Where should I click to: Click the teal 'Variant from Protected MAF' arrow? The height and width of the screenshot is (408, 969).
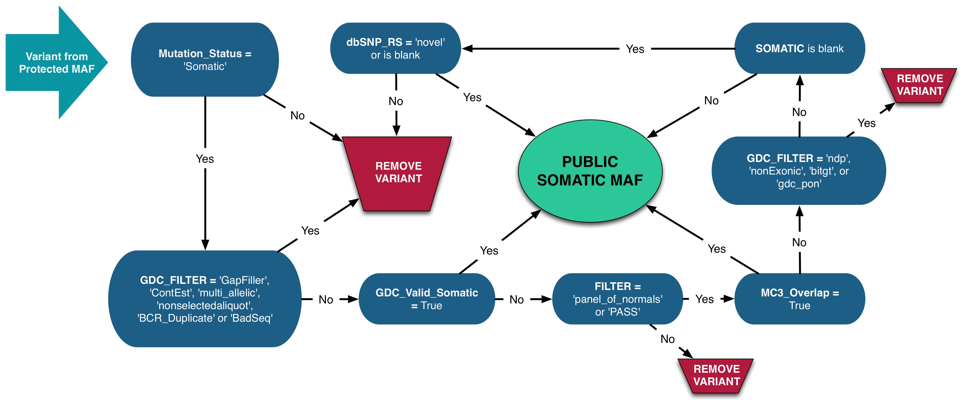coord(56,62)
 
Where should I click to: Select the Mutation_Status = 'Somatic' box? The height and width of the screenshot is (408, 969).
coord(205,60)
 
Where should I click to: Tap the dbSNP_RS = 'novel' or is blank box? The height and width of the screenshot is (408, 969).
coord(395,49)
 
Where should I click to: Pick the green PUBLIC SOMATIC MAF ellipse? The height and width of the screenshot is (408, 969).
coord(590,171)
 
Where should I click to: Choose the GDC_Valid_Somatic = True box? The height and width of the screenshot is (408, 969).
coord(427,299)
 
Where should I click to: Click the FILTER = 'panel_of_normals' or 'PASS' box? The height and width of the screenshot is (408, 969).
coord(617,299)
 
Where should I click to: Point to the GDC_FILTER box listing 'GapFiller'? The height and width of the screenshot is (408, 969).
coord(205,299)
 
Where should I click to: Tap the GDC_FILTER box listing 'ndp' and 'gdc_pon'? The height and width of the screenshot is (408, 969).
coord(799,171)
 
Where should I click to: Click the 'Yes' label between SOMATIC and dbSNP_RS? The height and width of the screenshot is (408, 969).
coord(635,49)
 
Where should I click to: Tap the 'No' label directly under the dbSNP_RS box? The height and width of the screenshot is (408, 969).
coord(396,101)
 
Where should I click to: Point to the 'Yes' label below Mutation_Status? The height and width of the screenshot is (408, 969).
coord(205,159)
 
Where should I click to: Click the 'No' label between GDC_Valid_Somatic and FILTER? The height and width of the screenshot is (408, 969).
coord(516,300)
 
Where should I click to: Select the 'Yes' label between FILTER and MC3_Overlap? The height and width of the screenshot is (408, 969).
coord(704,299)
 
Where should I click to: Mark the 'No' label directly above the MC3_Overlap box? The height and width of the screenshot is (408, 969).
coord(799,242)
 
